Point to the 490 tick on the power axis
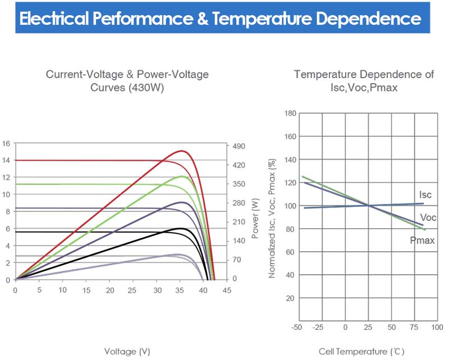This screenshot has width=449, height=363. tap(240, 146)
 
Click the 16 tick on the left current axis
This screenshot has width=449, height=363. tap(6, 143)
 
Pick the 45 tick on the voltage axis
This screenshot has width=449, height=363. tap(227, 291)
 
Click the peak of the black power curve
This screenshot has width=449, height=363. tap(181, 228)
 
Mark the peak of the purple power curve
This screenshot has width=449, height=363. tap(181, 202)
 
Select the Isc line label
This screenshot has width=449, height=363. tap(426, 195)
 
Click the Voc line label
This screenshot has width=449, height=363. tap(428, 218)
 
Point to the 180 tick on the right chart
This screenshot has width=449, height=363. tap(290, 113)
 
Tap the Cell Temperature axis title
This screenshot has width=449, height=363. tap(361, 352)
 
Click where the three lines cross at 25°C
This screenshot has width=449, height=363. tap(368, 205)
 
